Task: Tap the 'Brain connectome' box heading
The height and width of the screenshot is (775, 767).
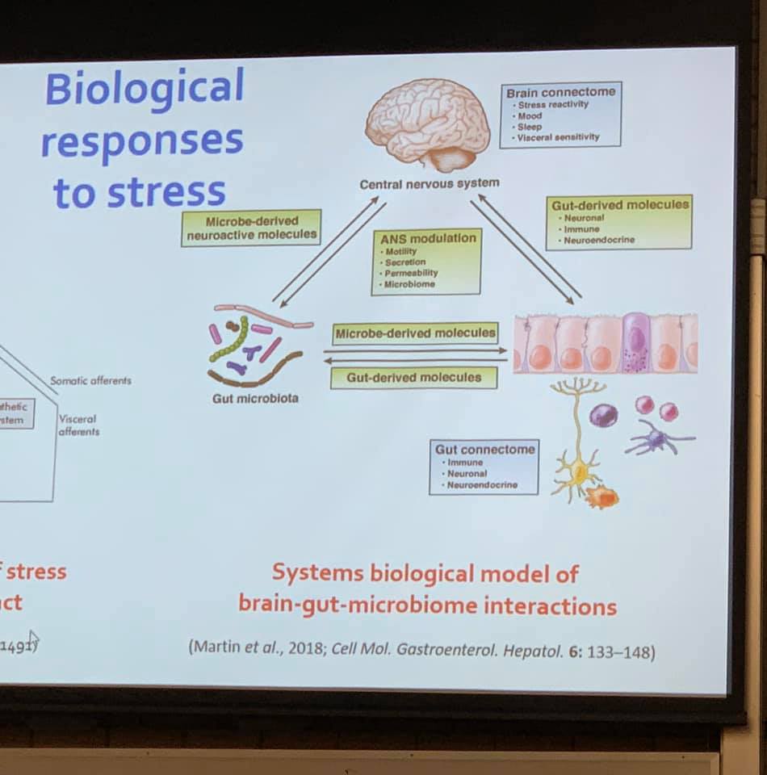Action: coord(560,92)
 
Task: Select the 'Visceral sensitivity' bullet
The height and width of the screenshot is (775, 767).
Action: coord(559,137)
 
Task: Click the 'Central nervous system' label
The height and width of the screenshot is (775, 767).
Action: coord(429,183)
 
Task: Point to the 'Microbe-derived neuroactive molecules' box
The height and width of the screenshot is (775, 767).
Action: coord(251,228)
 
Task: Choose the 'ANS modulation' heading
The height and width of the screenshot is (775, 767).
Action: coord(428,239)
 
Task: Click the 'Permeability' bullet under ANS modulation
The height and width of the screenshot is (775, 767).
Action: coord(412,273)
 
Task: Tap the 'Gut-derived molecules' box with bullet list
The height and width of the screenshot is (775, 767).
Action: coord(619,221)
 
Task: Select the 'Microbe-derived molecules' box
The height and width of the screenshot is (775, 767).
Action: coord(415,333)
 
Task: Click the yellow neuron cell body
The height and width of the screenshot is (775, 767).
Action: coord(575,468)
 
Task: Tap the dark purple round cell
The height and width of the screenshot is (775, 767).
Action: coord(603,415)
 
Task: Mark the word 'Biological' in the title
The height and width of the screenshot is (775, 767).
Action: coord(145,87)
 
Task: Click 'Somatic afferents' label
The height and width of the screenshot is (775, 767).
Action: coord(90,380)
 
